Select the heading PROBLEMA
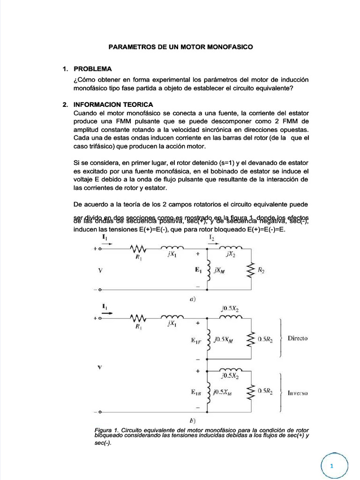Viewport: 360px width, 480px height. pos(93,69)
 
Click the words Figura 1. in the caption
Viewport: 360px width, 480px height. pos(107,430)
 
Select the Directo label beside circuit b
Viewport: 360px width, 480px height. pos(298,338)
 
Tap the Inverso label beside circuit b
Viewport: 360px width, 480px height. pos(298,393)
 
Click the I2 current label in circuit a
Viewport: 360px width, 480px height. pos(212,238)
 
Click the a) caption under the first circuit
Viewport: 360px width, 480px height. pos(192,298)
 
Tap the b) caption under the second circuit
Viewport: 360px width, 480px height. pos(192,420)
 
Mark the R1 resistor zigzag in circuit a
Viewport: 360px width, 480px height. pos(139,248)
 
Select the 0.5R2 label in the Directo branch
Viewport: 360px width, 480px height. pos(265,338)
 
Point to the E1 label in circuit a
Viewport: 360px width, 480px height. pos(198,270)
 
